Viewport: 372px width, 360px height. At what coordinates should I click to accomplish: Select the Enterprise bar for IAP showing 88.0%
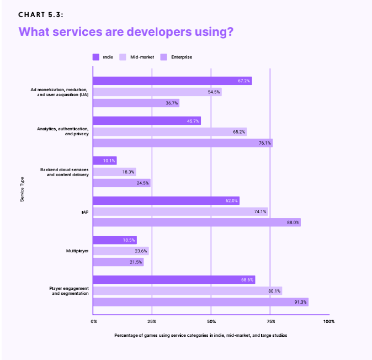196,222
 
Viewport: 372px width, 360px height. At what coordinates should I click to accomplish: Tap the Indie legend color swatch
95,56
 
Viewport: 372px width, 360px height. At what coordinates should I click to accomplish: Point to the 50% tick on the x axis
211,321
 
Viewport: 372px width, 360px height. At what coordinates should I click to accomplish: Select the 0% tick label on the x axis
94,321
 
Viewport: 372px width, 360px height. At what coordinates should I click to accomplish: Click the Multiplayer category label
77,251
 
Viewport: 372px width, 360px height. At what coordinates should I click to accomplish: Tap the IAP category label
85,211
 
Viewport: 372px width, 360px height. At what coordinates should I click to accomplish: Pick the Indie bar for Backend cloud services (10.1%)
104,161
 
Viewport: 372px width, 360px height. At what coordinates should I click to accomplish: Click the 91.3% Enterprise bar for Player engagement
200,301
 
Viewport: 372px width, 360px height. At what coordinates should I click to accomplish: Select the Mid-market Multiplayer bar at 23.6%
121,251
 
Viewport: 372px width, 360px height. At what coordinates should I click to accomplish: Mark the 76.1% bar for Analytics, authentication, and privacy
183,143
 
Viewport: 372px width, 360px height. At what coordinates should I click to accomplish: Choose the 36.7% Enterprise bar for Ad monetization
136,103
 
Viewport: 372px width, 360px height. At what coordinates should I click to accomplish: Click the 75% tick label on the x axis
270,321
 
